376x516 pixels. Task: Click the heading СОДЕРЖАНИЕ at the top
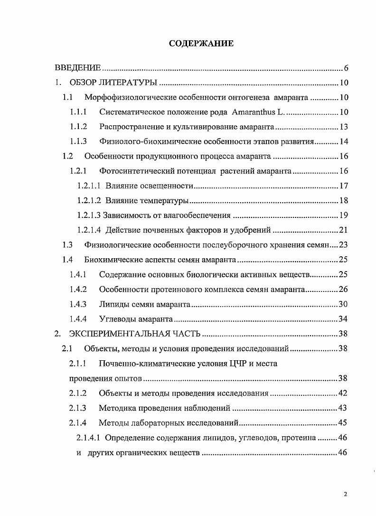201,44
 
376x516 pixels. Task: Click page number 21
344,230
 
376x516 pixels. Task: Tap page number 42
344,393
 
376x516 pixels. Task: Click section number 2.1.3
77,408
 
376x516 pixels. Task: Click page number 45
344,422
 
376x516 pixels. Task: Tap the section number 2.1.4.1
88,437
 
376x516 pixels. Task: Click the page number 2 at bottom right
346,494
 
